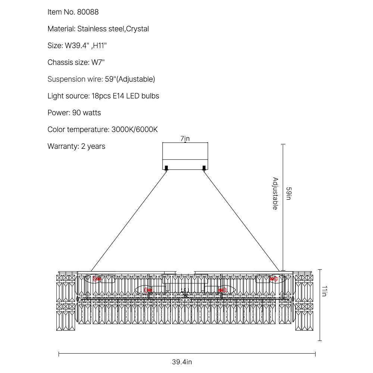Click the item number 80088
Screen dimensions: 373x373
coord(88,12)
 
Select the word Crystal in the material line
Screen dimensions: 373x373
coord(138,29)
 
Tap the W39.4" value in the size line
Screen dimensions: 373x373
coord(77,46)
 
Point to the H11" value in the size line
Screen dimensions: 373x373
coord(100,46)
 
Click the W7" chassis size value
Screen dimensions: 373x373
coord(98,62)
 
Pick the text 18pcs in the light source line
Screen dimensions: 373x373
coord(101,96)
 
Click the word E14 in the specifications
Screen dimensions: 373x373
coord(119,96)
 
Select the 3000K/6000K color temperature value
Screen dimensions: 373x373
coord(135,130)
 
